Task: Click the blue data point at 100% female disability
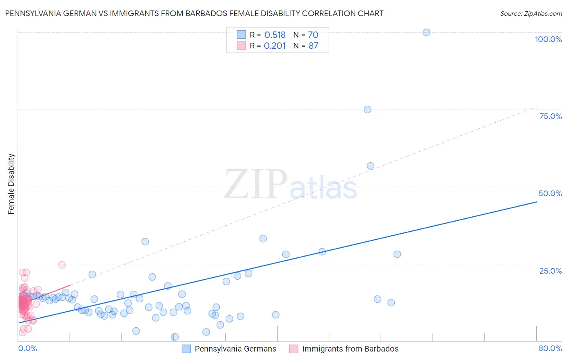pyautogui.click(x=426, y=32)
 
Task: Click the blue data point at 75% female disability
pyautogui.click(x=367, y=109)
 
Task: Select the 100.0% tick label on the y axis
pyautogui.click(x=548, y=39)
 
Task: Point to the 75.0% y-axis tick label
pyautogui.click(x=550, y=116)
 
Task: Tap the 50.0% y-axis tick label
pyautogui.click(x=550, y=193)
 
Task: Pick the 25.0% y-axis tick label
pyautogui.click(x=550, y=270)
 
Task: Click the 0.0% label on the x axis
pyautogui.click(x=27, y=348)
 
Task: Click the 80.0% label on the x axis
pyautogui.click(x=550, y=348)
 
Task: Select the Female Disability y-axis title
pyautogui.click(x=11, y=184)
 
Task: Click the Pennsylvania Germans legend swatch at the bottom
pyautogui.click(x=186, y=349)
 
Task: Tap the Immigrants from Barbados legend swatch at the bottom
pyautogui.click(x=294, y=349)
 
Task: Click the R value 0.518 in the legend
pyautogui.click(x=275, y=35)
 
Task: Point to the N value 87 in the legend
pyautogui.click(x=313, y=46)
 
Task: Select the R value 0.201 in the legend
pyautogui.click(x=275, y=46)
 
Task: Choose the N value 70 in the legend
pyautogui.click(x=313, y=35)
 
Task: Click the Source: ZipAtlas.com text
pyautogui.click(x=531, y=14)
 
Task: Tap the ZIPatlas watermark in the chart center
pyautogui.click(x=290, y=185)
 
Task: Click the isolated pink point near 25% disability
pyautogui.click(x=62, y=265)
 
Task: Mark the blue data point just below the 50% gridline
pyautogui.click(x=370, y=166)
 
